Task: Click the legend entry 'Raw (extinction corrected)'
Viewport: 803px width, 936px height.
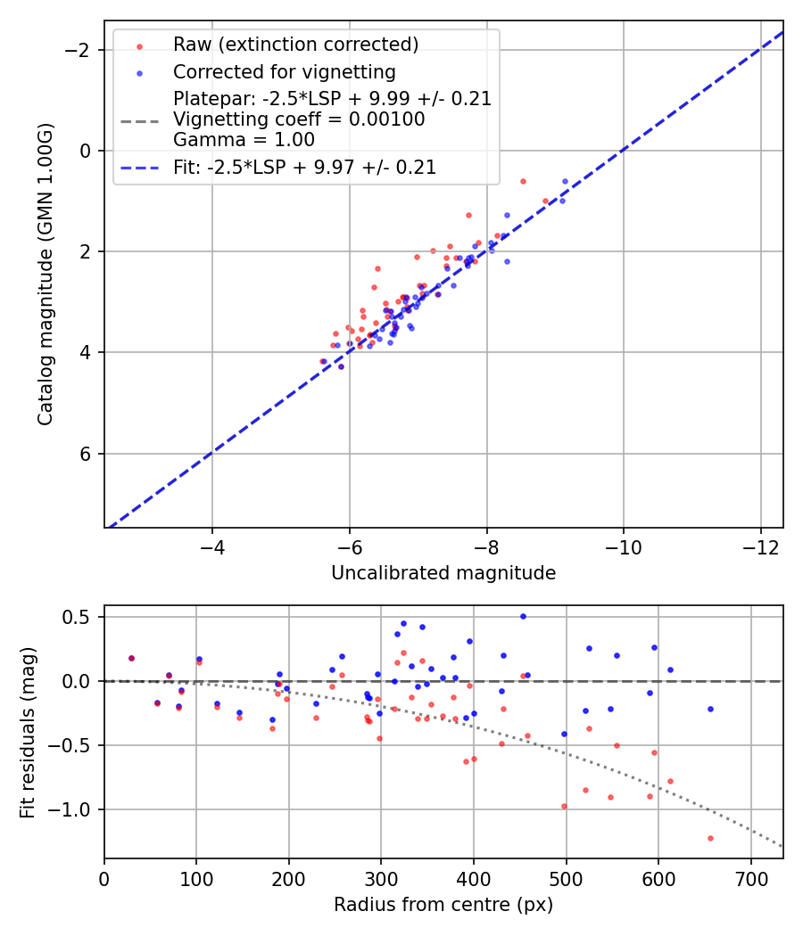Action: click(x=295, y=45)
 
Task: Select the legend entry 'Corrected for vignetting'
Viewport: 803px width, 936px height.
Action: click(x=284, y=71)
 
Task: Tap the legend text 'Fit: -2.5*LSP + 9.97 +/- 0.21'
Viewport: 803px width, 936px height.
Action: click(x=304, y=167)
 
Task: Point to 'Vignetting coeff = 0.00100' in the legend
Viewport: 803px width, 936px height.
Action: click(x=299, y=119)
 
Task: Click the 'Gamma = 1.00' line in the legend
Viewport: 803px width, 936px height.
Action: click(x=244, y=139)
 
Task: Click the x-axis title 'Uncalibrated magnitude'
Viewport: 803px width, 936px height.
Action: click(x=443, y=573)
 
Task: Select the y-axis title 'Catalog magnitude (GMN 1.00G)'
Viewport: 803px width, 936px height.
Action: click(x=46, y=274)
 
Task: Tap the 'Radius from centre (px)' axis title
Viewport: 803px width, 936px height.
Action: click(x=443, y=905)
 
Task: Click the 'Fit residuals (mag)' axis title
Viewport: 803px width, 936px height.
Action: click(x=28, y=732)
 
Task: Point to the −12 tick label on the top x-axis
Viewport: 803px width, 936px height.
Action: click(x=760, y=546)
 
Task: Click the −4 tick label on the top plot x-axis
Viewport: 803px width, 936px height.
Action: click(x=212, y=546)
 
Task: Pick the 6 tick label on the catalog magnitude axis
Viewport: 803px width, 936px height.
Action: click(x=87, y=454)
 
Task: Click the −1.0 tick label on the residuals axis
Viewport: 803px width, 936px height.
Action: click(x=75, y=809)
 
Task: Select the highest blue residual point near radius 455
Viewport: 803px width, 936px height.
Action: click(x=523, y=616)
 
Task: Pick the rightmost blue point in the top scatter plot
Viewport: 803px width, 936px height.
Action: click(x=565, y=181)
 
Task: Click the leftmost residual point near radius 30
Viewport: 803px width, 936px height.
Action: click(x=132, y=658)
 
